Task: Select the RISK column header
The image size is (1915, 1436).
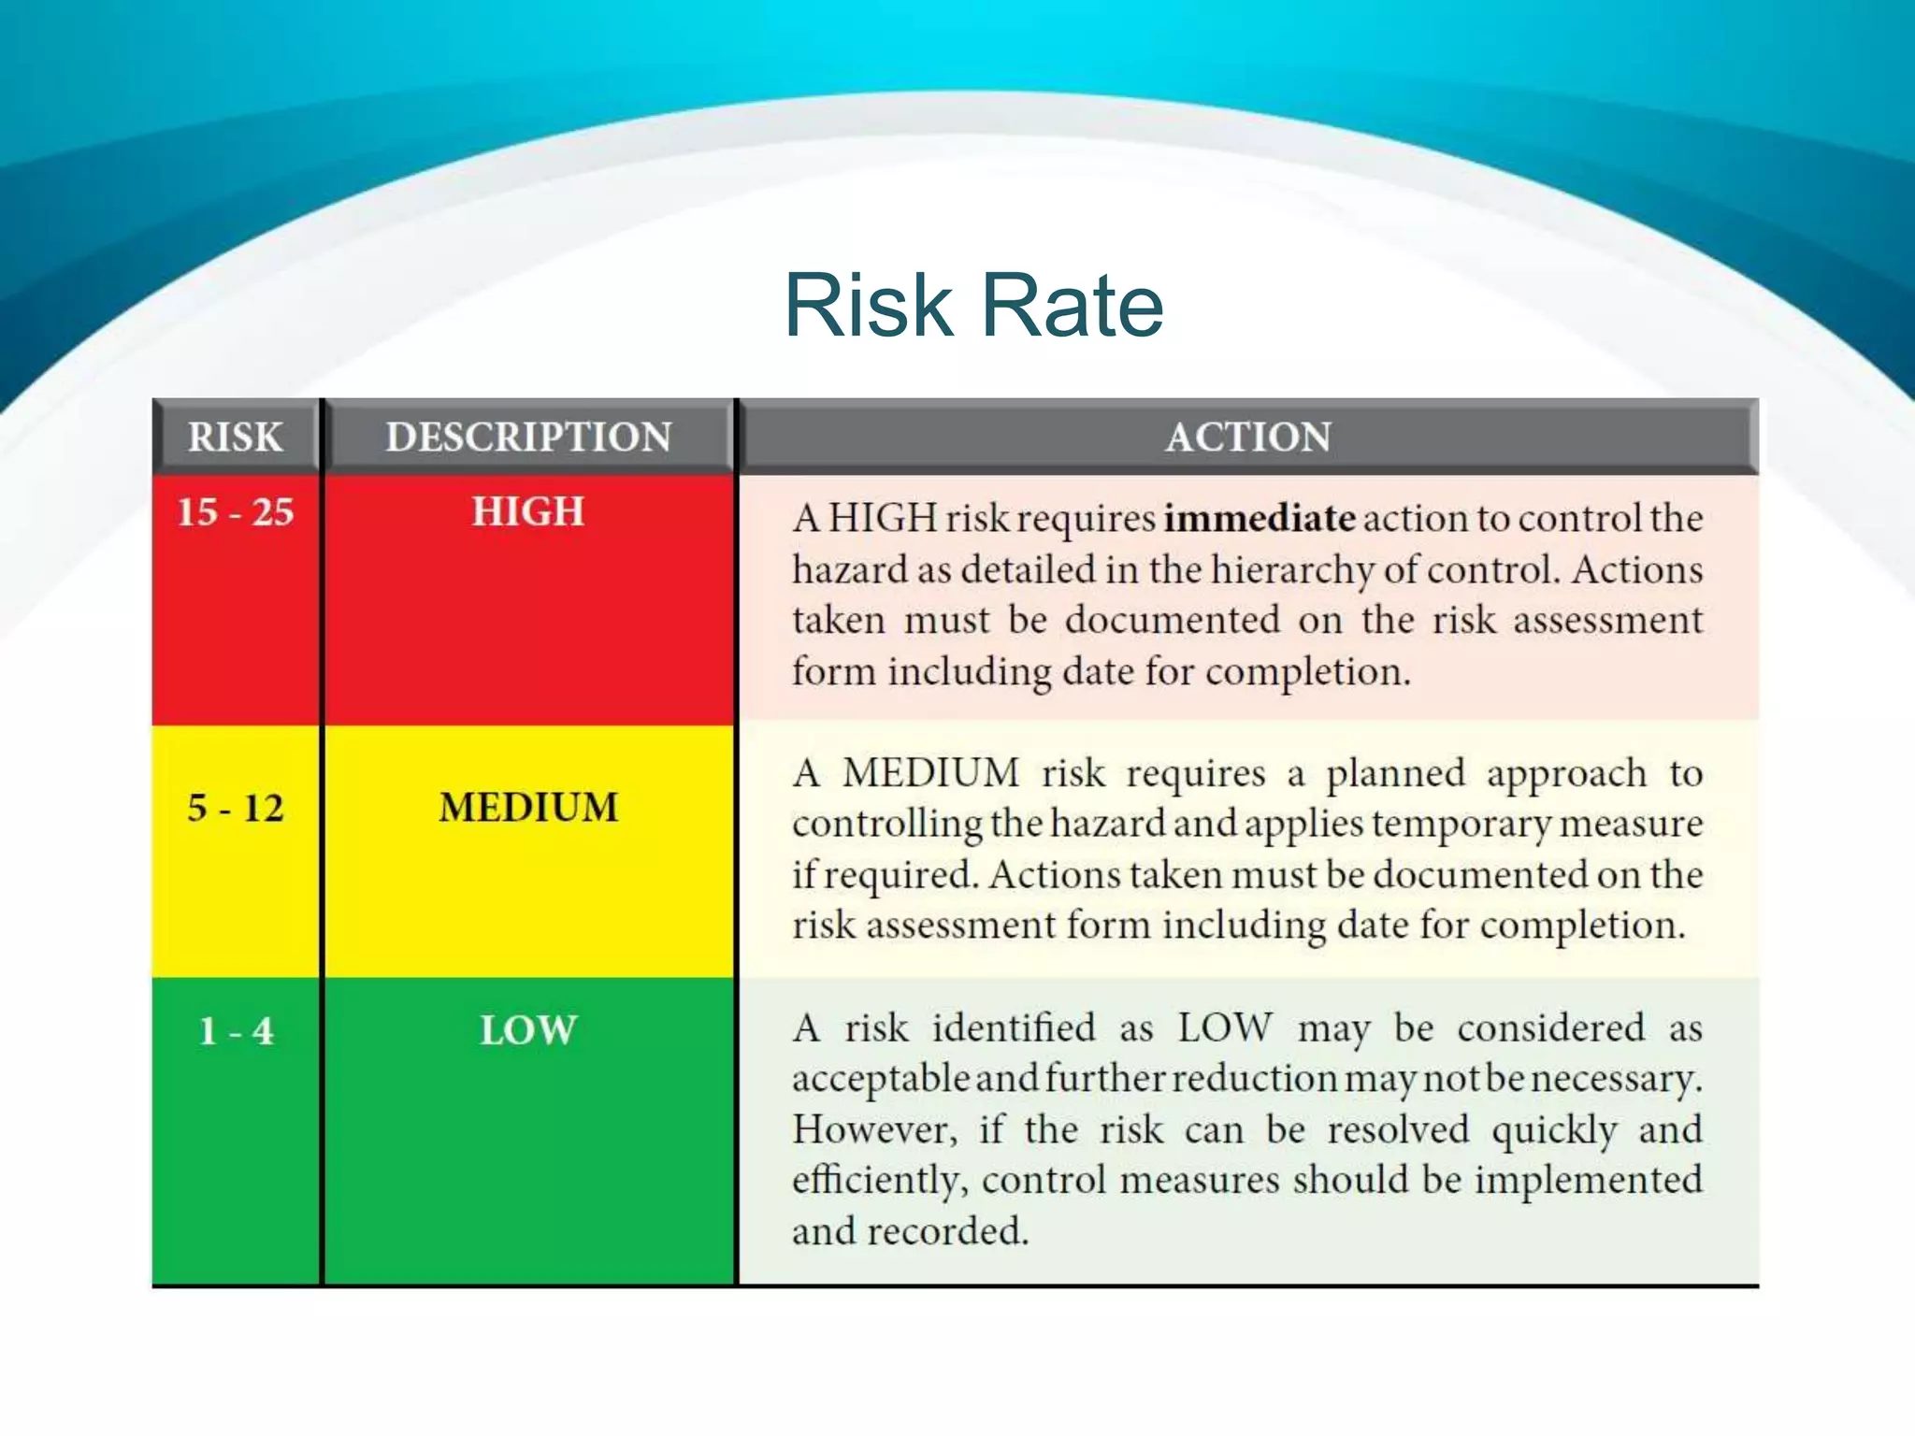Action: point(235,437)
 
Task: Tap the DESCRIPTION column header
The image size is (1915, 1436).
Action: point(528,437)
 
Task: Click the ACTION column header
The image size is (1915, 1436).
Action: point(1248,437)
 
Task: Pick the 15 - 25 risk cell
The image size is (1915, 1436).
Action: point(236,512)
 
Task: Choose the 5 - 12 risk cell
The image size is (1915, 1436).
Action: point(236,808)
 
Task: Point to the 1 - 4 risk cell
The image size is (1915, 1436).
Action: point(236,1031)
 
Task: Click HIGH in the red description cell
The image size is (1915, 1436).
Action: point(528,511)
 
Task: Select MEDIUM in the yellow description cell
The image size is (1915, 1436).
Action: point(528,808)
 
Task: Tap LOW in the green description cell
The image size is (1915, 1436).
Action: point(528,1030)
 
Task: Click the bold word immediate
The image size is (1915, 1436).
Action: point(1260,518)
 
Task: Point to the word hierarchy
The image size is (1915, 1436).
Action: point(1292,570)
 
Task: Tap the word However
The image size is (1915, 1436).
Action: point(874,1130)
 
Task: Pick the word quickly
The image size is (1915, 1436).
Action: point(1554,1130)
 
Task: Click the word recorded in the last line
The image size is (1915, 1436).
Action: point(947,1231)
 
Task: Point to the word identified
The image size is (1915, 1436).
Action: point(1014,1028)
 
